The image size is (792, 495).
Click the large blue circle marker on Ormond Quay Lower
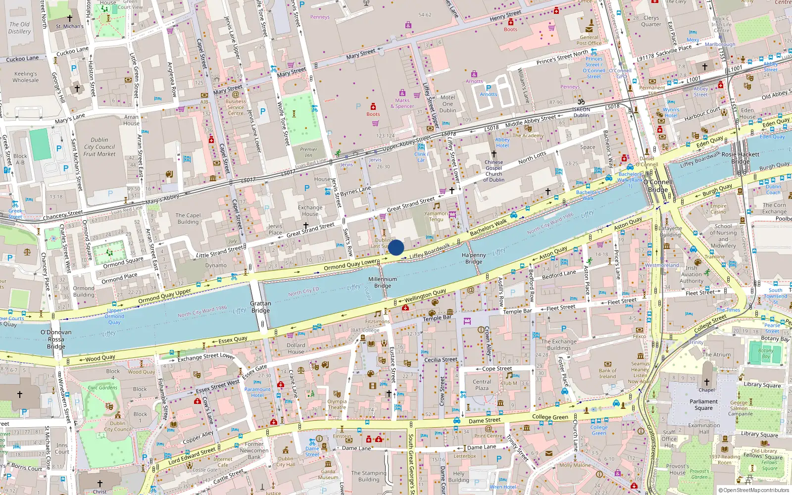tap(396, 247)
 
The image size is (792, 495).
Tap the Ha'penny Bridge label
tap(474, 258)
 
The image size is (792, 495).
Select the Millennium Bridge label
tap(383, 282)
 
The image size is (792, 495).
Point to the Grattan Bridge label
tap(260, 307)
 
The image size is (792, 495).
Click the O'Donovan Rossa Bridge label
tap(56, 339)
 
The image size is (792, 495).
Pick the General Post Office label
tap(589, 40)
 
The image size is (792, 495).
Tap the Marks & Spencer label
tap(402, 103)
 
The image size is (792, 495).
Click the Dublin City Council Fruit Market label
tap(99, 147)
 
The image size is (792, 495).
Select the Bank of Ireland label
tap(607, 373)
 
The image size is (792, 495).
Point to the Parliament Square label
tap(703, 405)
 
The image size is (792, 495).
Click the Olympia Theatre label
tap(337, 404)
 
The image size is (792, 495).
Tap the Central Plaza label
tap(482, 385)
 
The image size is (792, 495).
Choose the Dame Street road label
tap(485, 421)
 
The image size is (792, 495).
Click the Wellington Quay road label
tap(425, 296)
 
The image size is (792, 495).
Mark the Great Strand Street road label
tap(411, 203)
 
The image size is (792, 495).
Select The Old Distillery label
tap(19, 28)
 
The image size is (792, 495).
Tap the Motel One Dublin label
tap(447, 104)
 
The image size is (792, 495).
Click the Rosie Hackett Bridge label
tap(740, 157)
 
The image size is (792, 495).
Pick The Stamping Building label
tap(369, 476)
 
